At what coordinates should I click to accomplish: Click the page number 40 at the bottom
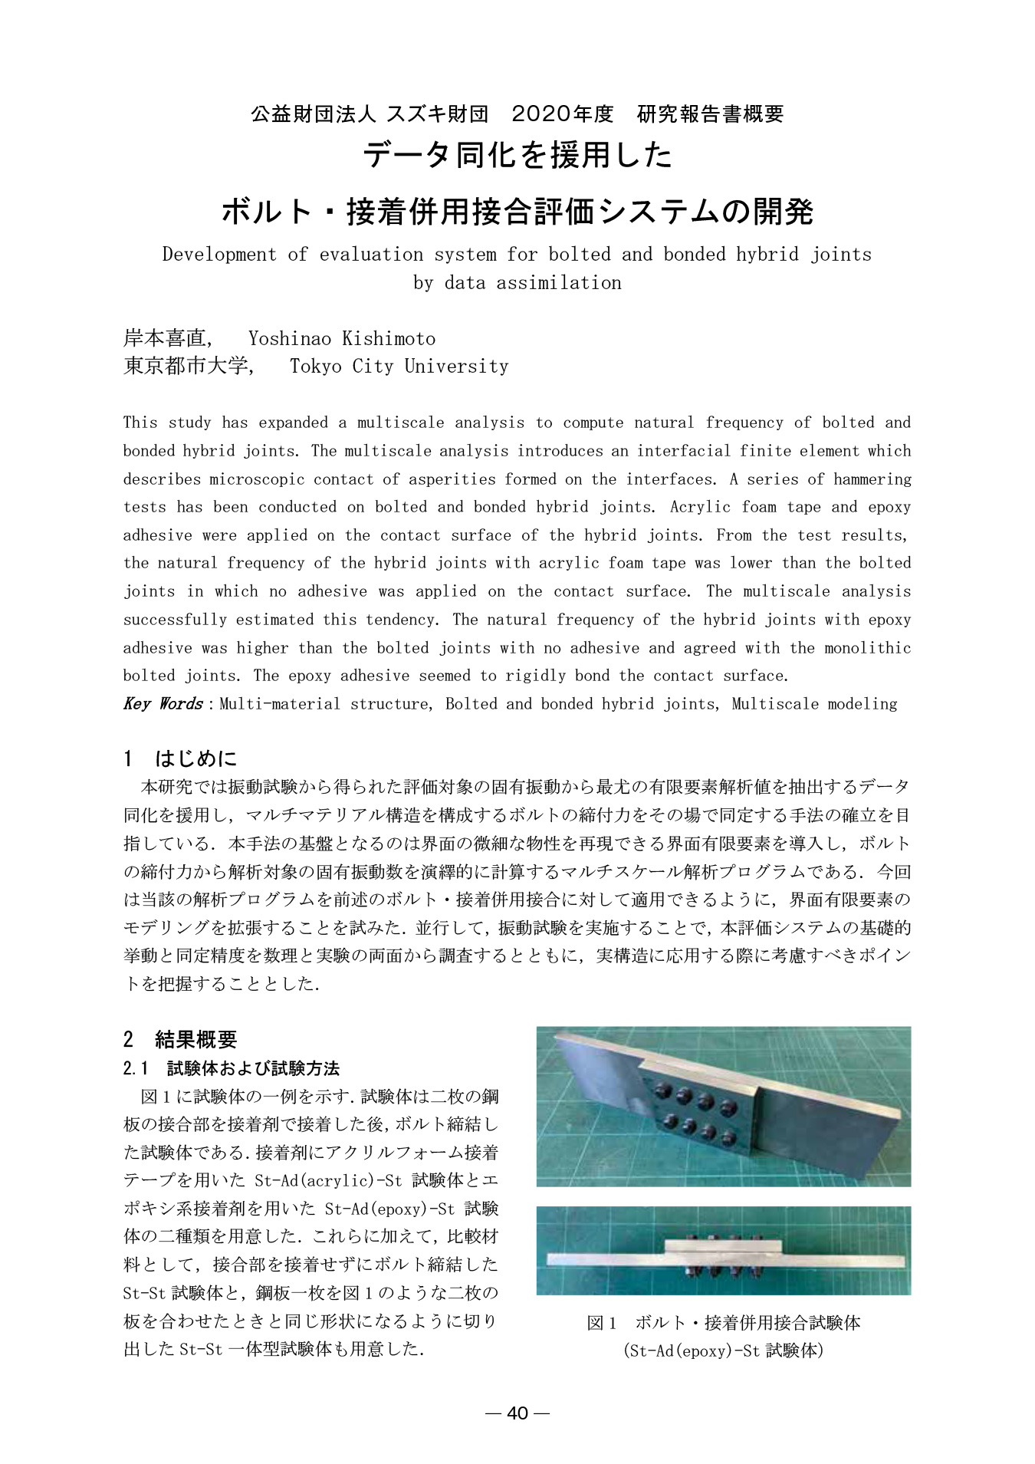pyautogui.click(x=517, y=1413)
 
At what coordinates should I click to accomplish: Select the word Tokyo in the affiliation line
pyautogui.click(x=316, y=366)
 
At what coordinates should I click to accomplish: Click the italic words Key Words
pyautogui.click(x=163, y=703)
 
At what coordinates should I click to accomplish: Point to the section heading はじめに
pyautogui.click(x=196, y=758)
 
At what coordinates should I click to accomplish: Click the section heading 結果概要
pyautogui.click(x=196, y=1039)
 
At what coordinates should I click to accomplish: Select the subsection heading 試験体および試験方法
pyautogui.click(x=253, y=1068)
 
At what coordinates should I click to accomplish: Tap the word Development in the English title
pyautogui.click(x=219, y=254)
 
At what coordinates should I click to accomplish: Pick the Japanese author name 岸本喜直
pyautogui.click(x=165, y=338)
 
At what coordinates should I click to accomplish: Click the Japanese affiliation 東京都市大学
pyautogui.click(x=186, y=366)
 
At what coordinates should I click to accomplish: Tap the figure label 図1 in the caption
pyautogui.click(x=601, y=1322)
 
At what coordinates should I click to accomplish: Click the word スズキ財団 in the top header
pyautogui.click(x=437, y=114)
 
